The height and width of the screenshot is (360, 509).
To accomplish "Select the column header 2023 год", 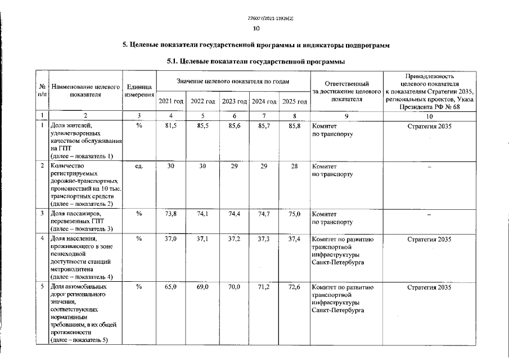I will (x=234, y=101).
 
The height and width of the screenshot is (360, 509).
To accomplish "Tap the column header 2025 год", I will (x=294, y=101).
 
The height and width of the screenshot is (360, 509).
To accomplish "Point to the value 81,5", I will (x=171, y=126).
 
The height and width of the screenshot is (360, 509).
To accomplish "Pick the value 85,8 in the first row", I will (x=294, y=126).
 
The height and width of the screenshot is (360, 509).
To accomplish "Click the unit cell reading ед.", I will (x=139, y=166).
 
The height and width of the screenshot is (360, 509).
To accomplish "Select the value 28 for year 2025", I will (x=294, y=166).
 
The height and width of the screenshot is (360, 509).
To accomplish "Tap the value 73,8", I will (x=171, y=214).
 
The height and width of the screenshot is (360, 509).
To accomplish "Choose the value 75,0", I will (x=294, y=214).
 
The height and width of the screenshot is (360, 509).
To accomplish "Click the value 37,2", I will (x=234, y=239).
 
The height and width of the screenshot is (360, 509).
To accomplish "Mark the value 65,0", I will (x=171, y=287).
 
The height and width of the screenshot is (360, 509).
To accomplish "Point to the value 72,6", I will (x=294, y=287).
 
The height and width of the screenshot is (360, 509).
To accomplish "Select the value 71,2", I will (x=264, y=287).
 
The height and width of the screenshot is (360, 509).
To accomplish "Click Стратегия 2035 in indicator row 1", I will (x=429, y=126).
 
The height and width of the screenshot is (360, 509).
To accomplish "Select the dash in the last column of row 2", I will (x=429, y=167).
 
